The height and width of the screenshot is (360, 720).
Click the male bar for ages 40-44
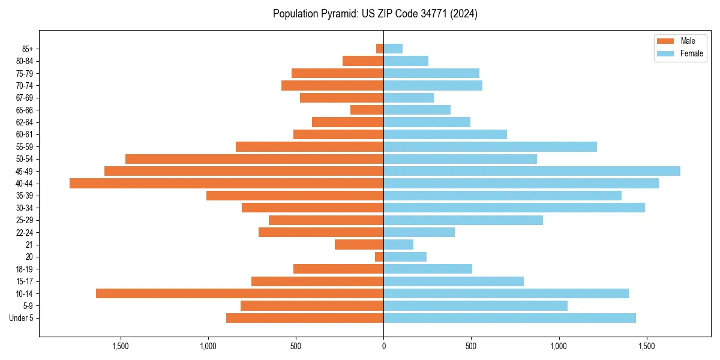coord(227,183)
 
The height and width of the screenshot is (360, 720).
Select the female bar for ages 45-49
coord(532,171)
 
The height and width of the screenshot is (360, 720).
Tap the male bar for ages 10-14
coord(240,293)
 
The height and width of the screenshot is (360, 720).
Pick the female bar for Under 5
coord(509,318)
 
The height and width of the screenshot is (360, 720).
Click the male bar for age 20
coord(379,257)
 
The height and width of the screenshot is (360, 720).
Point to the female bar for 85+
coord(393,49)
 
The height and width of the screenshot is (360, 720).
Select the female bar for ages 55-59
coord(490,146)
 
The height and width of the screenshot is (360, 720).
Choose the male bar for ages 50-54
coord(254,159)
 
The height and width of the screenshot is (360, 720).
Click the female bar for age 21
coord(398,244)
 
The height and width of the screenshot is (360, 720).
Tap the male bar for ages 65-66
coord(367,110)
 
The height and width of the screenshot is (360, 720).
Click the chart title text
coord(375,14)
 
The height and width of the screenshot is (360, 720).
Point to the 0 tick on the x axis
coord(383,346)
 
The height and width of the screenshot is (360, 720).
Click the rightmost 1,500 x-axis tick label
coord(646,346)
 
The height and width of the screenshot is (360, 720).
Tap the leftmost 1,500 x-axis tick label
coord(121,346)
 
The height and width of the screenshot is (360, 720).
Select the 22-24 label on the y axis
coord(25,232)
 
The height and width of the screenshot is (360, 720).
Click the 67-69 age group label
coord(25,98)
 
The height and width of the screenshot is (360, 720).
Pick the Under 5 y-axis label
coord(22,318)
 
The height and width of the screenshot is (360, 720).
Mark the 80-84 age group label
coord(25,61)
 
